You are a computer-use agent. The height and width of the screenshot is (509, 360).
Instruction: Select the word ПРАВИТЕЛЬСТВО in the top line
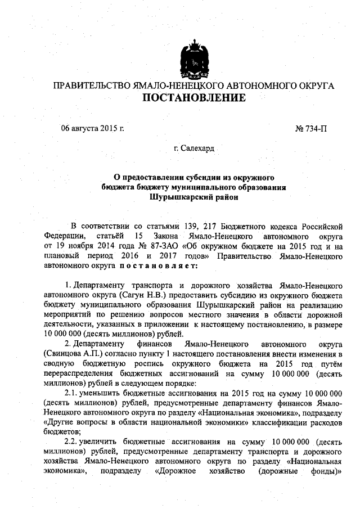tap(90, 85)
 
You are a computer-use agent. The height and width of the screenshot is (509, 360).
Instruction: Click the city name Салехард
tap(197, 149)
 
